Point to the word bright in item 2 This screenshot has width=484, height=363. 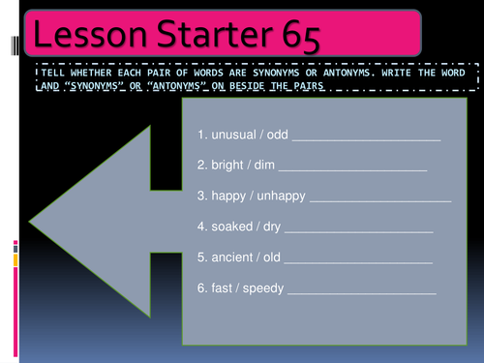[228, 166]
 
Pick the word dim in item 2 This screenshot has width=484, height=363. [265, 166]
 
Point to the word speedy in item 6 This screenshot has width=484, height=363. [265, 287]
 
